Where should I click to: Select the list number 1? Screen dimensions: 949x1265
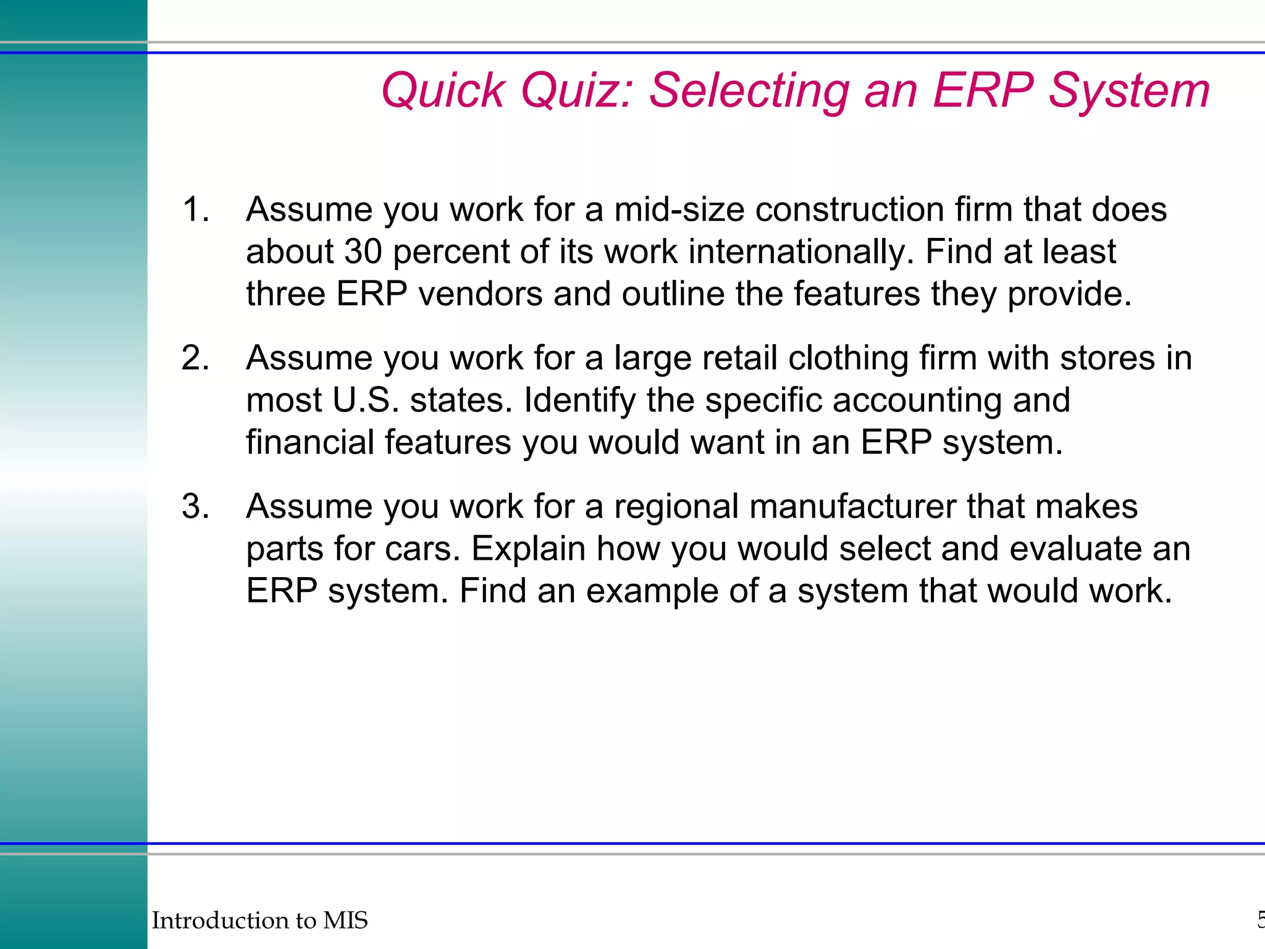pyautogui.click(x=196, y=209)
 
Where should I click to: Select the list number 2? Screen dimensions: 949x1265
pyautogui.click(x=196, y=358)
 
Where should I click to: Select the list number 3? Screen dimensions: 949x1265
pyautogui.click(x=196, y=507)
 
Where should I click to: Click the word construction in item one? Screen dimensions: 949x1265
pyautogui.click(x=849, y=209)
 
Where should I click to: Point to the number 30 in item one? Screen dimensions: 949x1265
pyautogui.click(x=363, y=252)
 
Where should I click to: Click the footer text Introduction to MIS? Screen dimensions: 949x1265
pyautogui.click(x=259, y=921)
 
